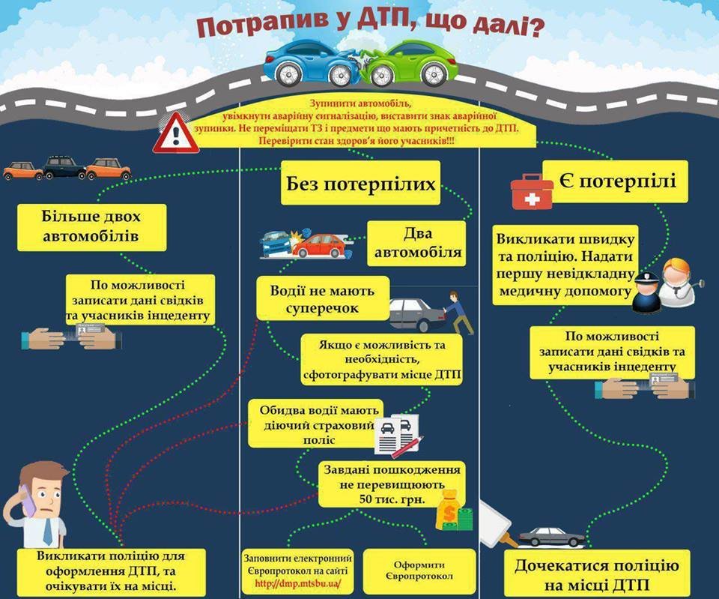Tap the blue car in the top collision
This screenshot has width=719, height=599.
click(312, 62)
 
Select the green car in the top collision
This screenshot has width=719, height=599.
click(410, 63)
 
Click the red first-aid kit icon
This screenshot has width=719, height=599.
click(532, 191)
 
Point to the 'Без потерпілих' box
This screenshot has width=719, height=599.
click(360, 183)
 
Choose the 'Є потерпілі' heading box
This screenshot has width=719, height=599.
click(616, 181)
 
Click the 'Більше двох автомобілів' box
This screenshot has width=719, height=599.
click(91, 227)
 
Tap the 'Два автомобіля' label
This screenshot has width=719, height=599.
click(416, 243)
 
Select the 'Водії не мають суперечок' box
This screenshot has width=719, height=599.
click(323, 298)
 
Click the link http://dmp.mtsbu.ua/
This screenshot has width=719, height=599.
click(297, 584)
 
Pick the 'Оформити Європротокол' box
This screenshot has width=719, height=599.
click(419, 571)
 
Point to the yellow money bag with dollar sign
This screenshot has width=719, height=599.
click(449, 510)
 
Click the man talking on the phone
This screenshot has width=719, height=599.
click(37, 505)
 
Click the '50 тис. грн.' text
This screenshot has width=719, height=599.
click(392, 499)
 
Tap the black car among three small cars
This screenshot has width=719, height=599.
click(64, 167)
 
